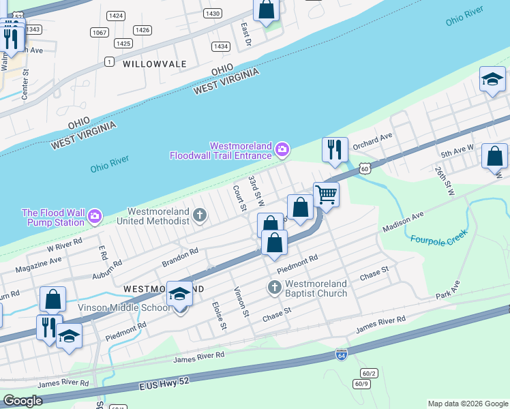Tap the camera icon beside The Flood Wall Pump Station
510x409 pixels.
[95, 216]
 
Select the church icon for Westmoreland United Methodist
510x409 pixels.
[200, 216]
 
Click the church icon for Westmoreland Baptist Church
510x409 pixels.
[275, 287]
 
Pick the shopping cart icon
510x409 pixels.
[327, 195]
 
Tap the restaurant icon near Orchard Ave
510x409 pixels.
[335, 149]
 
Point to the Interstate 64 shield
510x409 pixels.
[341, 354]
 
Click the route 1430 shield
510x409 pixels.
[213, 13]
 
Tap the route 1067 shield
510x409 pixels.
[100, 32]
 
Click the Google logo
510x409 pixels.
[23, 401]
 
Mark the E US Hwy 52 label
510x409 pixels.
[168, 383]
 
